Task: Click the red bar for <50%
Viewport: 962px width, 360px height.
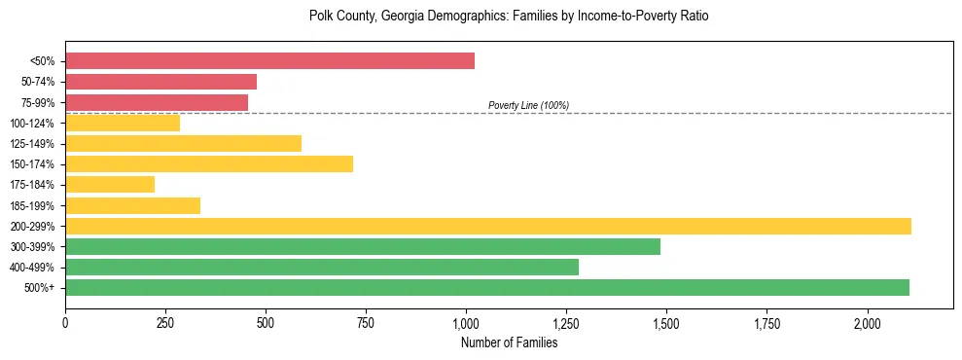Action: click(x=269, y=60)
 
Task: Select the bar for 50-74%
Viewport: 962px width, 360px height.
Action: click(x=160, y=82)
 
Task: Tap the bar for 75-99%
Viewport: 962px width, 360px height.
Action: click(x=157, y=102)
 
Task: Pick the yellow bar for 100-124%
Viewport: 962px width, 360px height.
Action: click(x=123, y=123)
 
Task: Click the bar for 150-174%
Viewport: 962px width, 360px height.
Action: click(x=209, y=163)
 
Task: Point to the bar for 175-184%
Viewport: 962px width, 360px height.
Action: click(x=110, y=184)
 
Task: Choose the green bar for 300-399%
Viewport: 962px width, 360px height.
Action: click(x=363, y=246)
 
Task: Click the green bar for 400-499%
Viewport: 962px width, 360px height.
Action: click(x=322, y=267)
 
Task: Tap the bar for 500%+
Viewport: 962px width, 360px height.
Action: click(x=487, y=287)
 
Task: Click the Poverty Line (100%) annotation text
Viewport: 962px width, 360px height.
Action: click(x=528, y=105)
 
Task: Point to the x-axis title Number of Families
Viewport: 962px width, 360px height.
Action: click(x=509, y=342)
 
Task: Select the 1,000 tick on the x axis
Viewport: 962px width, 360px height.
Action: click(x=466, y=323)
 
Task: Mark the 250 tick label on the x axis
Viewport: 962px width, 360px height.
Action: click(x=165, y=323)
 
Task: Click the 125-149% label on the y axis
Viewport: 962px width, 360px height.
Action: click(x=32, y=144)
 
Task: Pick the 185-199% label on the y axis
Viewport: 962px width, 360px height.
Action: click(x=32, y=205)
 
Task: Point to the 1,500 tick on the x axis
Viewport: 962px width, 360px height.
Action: click(x=666, y=323)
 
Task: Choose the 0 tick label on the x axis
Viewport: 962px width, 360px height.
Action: click(x=65, y=323)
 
